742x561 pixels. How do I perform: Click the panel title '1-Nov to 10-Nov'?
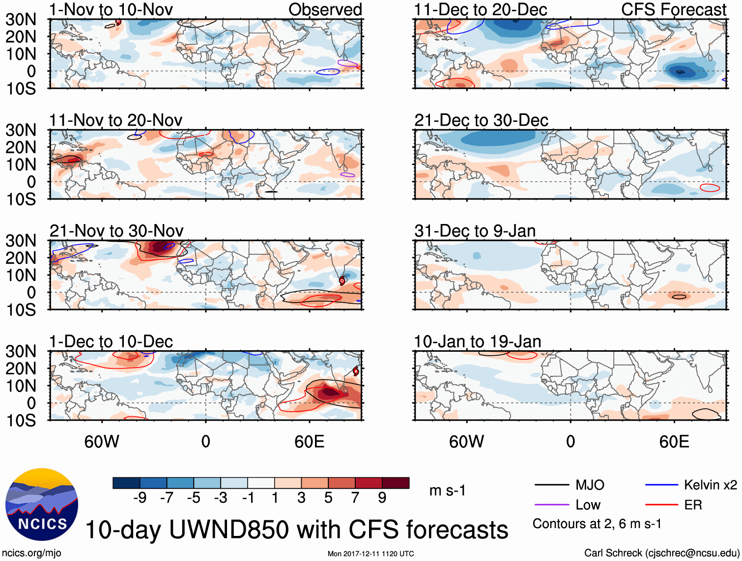click(x=111, y=9)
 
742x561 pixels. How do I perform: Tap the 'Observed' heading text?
click(x=325, y=9)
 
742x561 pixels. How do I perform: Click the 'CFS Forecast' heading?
click(x=673, y=9)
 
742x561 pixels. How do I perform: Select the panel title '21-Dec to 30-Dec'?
click(x=481, y=120)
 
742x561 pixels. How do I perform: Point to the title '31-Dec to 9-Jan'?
click(x=475, y=231)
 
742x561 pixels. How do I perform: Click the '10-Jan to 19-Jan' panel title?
click(x=477, y=341)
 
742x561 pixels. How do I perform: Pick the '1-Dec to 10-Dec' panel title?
click(x=111, y=341)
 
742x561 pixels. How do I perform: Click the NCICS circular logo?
click(x=42, y=505)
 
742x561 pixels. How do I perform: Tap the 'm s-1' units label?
click(x=447, y=490)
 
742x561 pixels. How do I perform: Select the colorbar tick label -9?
click(x=140, y=498)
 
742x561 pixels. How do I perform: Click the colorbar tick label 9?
click(x=382, y=498)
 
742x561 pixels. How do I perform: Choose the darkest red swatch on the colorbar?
click(x=396, y=483)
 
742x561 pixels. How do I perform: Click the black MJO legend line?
click(x=552, y=485)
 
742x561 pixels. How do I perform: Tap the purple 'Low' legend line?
click(x=552, y=505)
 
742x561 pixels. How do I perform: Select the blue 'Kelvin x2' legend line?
click(x=661, y=485)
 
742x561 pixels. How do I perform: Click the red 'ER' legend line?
click(x=661, y=505)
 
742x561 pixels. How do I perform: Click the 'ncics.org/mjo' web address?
click(x=31, y=553)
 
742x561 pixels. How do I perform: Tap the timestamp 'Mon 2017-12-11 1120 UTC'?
click(x=371, y=554)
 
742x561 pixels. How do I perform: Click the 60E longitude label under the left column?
click(x=309, y=442)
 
